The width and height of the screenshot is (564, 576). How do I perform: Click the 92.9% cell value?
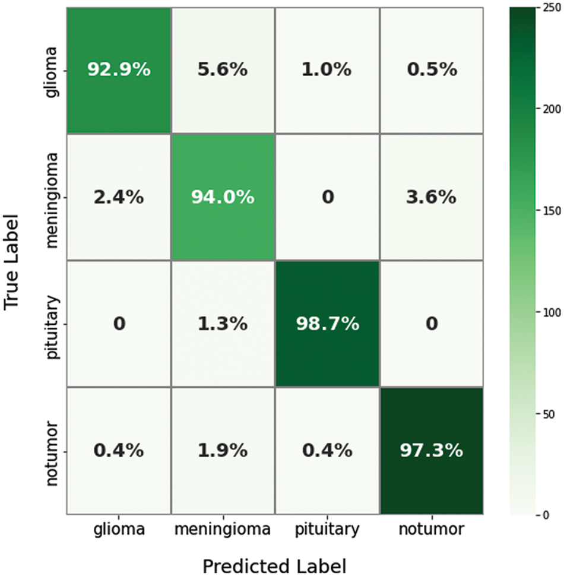point(119,70)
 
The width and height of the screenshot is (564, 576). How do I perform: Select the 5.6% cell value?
point(222,70)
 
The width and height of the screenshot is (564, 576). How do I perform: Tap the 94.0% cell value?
point(223,197)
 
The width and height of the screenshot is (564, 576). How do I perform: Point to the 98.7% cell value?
point(327,324)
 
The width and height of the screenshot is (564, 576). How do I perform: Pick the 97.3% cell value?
point(431,451)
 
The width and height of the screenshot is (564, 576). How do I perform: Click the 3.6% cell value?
point(431,197)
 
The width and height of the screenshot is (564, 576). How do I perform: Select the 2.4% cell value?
point(119,197)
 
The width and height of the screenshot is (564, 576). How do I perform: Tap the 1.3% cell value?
point(222,324)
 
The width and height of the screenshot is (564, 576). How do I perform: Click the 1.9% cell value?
point(222,451)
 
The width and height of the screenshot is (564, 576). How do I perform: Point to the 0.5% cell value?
point(431,70)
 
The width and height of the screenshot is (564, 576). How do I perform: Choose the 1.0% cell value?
point(327,70)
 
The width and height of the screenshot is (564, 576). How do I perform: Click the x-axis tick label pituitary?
point(327,529)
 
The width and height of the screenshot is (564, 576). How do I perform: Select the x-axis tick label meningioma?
point(223,529)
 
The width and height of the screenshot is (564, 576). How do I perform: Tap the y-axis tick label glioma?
point(52,70)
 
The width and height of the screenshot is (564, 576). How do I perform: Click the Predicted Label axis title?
point(274,565)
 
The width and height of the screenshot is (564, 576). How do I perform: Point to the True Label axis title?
point(13,261)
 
